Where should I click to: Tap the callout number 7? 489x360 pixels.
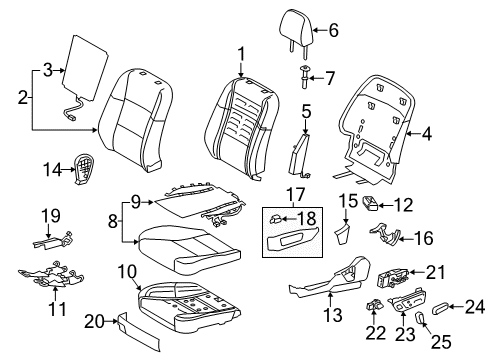(329, 79)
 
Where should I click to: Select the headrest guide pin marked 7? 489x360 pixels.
(305, 77)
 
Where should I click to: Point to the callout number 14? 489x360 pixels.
(52, 170)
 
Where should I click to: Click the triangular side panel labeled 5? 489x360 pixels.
(300, 154)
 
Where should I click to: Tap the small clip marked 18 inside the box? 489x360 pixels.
(276, 219)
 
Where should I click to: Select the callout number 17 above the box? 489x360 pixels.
(295, 194)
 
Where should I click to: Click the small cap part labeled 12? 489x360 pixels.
(370, 203)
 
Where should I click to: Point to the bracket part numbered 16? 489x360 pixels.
(384, 233)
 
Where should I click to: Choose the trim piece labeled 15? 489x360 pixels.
(342, 234)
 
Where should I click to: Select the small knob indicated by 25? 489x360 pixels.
(420, 317)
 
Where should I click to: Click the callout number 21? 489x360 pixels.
(436, 272)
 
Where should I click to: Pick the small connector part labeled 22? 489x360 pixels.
(374, 304)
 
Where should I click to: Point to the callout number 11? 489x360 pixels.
(57, 309)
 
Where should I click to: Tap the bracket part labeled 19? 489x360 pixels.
(53, 241)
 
